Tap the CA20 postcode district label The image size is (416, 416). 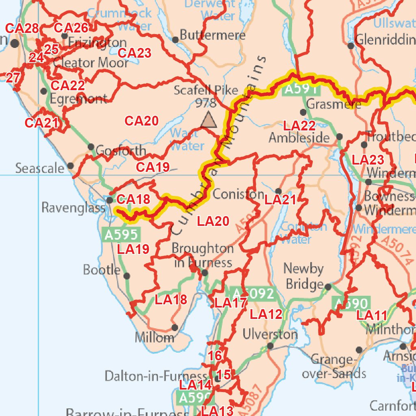pos(141,121)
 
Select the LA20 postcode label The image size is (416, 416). pos(213,221)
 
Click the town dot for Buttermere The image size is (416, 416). pos(175,40)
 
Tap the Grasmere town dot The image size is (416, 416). pos(303,112)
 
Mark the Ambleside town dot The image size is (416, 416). pos(340,137)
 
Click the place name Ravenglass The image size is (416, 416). pos(73,208)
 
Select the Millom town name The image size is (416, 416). pos(155,338)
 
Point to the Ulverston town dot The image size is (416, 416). pos(270,346)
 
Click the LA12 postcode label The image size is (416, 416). pos(266,314)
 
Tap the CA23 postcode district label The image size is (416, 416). pos(134,53)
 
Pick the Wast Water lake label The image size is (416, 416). pos(186,139)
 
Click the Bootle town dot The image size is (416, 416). pos(127,276)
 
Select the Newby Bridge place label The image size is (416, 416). pos(304,276)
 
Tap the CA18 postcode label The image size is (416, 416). pos(133,199)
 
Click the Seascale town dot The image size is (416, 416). pos(71,166)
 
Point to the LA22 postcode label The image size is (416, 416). pos(299,125)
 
